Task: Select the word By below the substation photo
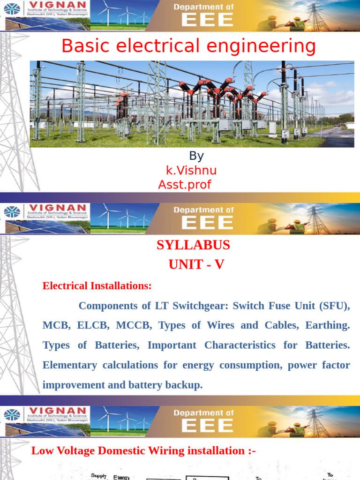196,156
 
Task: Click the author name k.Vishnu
191,171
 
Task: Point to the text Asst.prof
185,185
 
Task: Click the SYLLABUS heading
193,245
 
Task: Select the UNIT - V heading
196,265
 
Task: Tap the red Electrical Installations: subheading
97,285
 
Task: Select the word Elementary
71,365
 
